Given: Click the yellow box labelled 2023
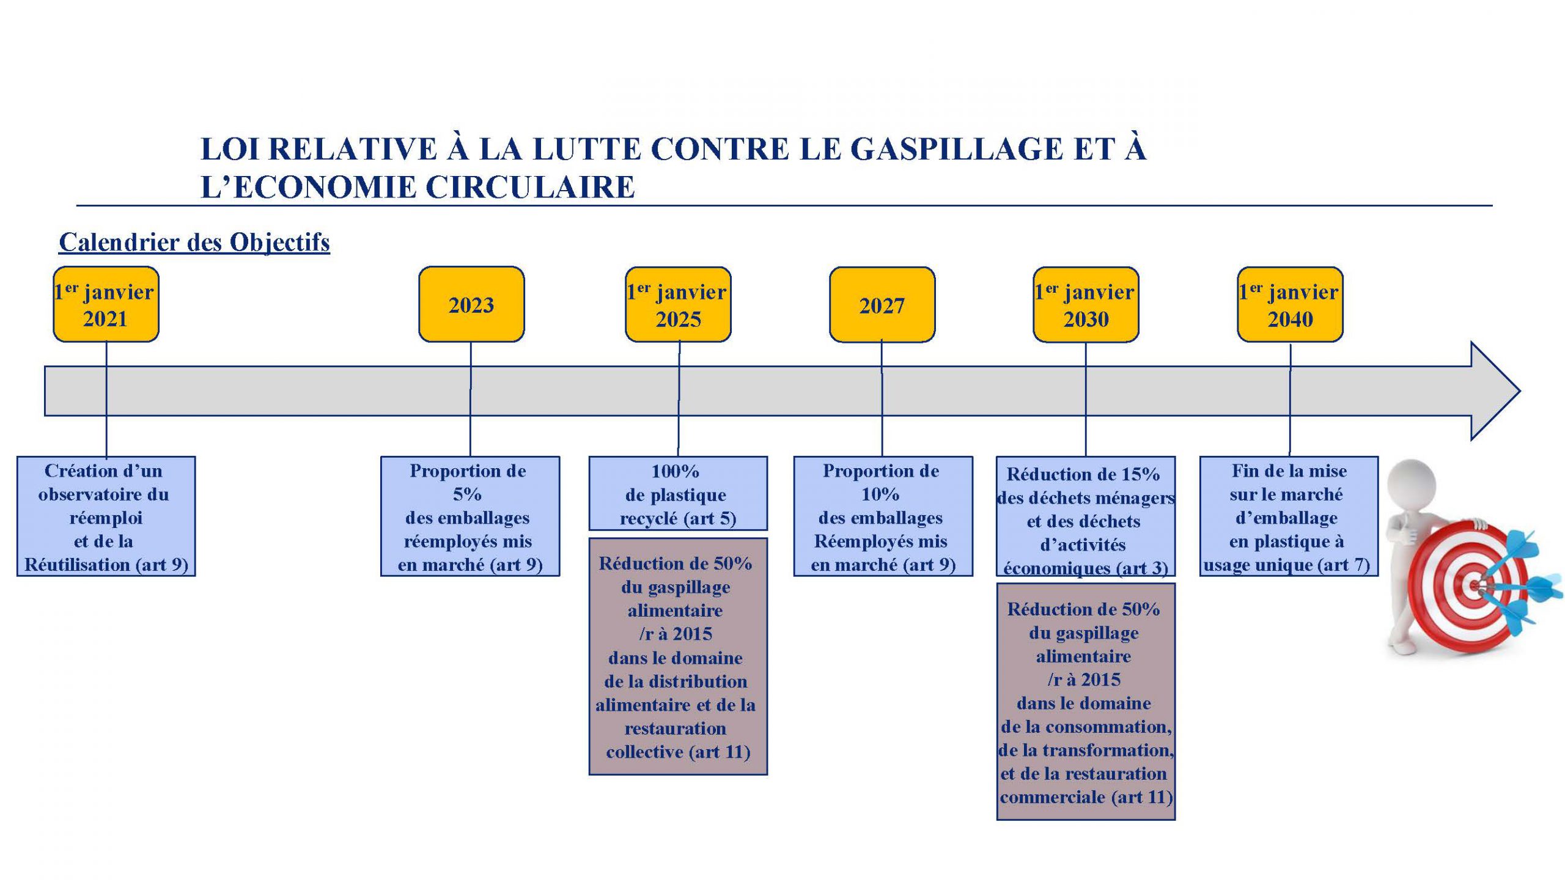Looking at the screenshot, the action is point(471,304).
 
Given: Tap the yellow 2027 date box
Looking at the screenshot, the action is point(882,304).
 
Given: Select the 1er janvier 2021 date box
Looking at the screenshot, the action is point(106,304).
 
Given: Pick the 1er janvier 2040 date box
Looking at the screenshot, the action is point(1290,304).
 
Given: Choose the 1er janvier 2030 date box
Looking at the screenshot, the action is point(1086,304).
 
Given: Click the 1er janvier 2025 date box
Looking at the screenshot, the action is point(678,304).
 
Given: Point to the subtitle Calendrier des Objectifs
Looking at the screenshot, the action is point(194,243).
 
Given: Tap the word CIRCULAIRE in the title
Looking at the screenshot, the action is point(530,187).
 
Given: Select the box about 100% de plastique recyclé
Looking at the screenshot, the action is point(678,493).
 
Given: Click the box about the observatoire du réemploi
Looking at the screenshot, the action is point(106,516).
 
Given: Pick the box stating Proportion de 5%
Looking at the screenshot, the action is point(470,516).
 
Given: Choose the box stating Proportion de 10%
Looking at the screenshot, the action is point(883,516).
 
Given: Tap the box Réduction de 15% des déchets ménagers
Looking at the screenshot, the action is point(1086,516).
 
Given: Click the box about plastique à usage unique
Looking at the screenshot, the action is point(1289,516).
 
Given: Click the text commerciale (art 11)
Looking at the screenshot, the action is point(1086,797).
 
